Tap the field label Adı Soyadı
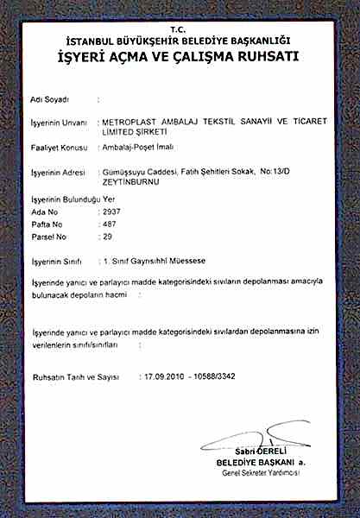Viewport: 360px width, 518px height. [x=49, y=100]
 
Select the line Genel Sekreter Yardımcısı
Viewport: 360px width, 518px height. [x=260, y=472]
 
